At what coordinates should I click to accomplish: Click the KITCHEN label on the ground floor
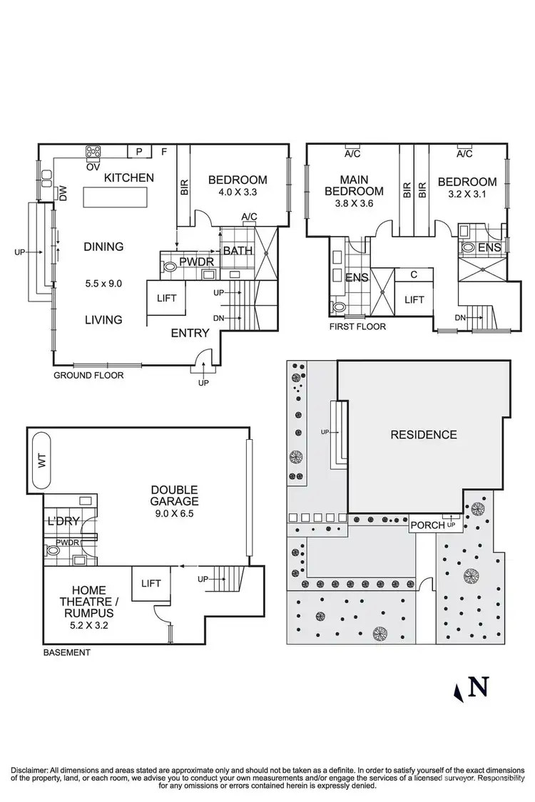point(128,178)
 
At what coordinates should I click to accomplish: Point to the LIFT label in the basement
point(151,583)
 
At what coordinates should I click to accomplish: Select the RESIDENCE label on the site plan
point(423,434)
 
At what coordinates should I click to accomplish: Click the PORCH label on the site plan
point(427,525)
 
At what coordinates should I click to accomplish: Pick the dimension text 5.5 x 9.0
point(103,283)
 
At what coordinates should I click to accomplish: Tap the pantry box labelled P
point(139,151)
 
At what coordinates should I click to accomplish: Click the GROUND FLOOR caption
point(88,374)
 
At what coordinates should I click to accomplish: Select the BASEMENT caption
point(67,652)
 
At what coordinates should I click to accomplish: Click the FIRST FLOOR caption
point(357,327)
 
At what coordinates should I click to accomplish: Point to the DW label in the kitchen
point(63,193)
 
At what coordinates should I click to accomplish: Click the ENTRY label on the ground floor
point(190,333)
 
